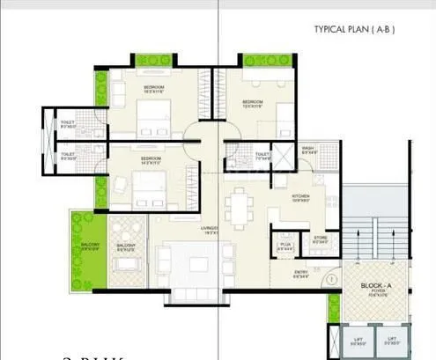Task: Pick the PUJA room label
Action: coord(285,245)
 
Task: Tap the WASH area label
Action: coord(308,149)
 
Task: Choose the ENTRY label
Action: coord(300,273)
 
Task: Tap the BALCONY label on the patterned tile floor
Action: coord(126,246)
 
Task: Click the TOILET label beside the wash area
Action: coord(262,155)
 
